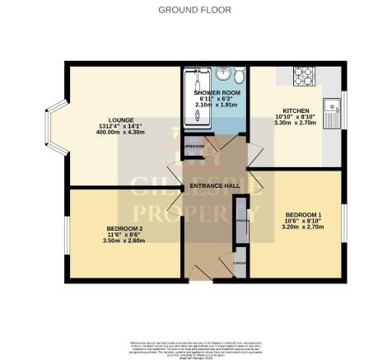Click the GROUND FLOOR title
click(195, 11)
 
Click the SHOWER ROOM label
click(215, 93)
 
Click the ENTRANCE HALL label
click(214, 186)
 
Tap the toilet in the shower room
click(238, 76)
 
